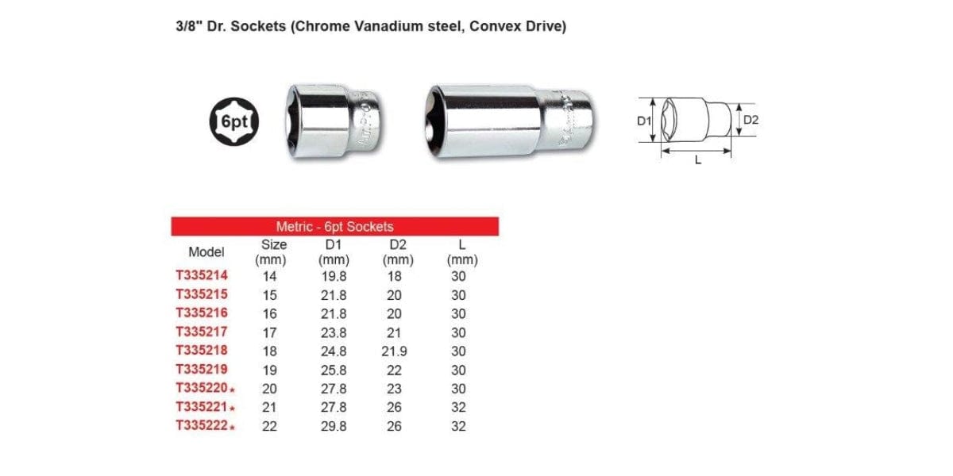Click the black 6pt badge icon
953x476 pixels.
236,124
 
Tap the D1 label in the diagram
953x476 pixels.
644,121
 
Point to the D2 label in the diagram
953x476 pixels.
751,121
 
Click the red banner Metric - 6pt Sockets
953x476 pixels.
334,226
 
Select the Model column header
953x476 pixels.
206,252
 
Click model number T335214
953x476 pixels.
202,277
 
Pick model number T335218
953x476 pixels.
202,351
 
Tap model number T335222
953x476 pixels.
202,426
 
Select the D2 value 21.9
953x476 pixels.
394,351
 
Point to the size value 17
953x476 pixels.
269,333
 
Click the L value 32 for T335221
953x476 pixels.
459,408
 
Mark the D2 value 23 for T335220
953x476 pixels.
394,389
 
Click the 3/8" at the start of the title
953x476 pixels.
187,26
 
